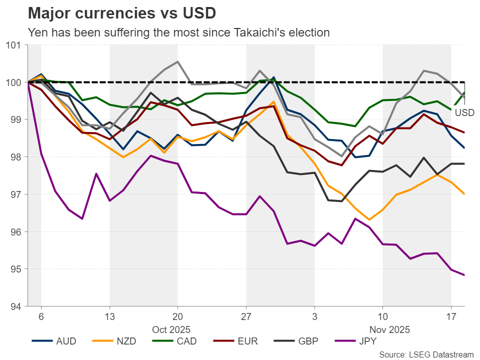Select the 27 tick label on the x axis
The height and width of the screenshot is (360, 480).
point(246,317)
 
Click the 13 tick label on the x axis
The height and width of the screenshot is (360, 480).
point(109,317)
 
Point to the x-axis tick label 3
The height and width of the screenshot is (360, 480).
point(314,317)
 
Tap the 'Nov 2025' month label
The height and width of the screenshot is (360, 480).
point(389,329)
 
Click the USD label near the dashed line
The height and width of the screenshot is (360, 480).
point(464,113)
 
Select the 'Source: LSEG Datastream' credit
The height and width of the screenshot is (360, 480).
point(426,354)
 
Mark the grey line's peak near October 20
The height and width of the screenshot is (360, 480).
point(178,62)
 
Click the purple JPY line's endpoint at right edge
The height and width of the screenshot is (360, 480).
point(464,275)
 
